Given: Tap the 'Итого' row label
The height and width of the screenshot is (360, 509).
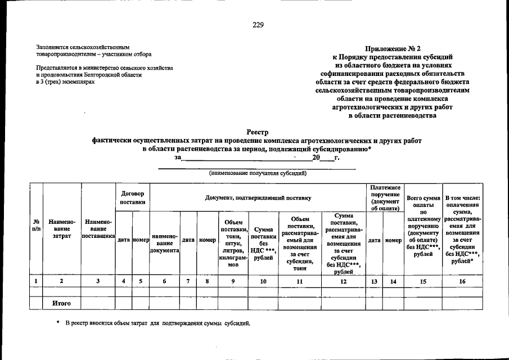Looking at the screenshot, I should pos(61,304).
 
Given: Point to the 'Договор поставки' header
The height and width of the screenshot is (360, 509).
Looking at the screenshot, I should pos(132,197).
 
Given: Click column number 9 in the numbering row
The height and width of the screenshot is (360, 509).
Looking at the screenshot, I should pos(233,280).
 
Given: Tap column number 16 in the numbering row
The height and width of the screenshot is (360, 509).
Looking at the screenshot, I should pos(462,280).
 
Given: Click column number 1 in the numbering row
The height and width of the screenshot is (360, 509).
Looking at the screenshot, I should pos(36,280).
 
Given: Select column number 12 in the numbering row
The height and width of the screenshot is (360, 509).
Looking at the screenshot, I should pos(343,280).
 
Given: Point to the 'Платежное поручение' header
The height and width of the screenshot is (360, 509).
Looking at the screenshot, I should pos(385,197).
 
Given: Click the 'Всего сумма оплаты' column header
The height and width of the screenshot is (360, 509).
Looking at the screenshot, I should pos(423,226).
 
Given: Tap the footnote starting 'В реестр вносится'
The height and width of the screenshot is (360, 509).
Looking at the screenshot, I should pos(157,324).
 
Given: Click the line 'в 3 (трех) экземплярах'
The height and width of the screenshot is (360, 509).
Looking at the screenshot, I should pos(61,82).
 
